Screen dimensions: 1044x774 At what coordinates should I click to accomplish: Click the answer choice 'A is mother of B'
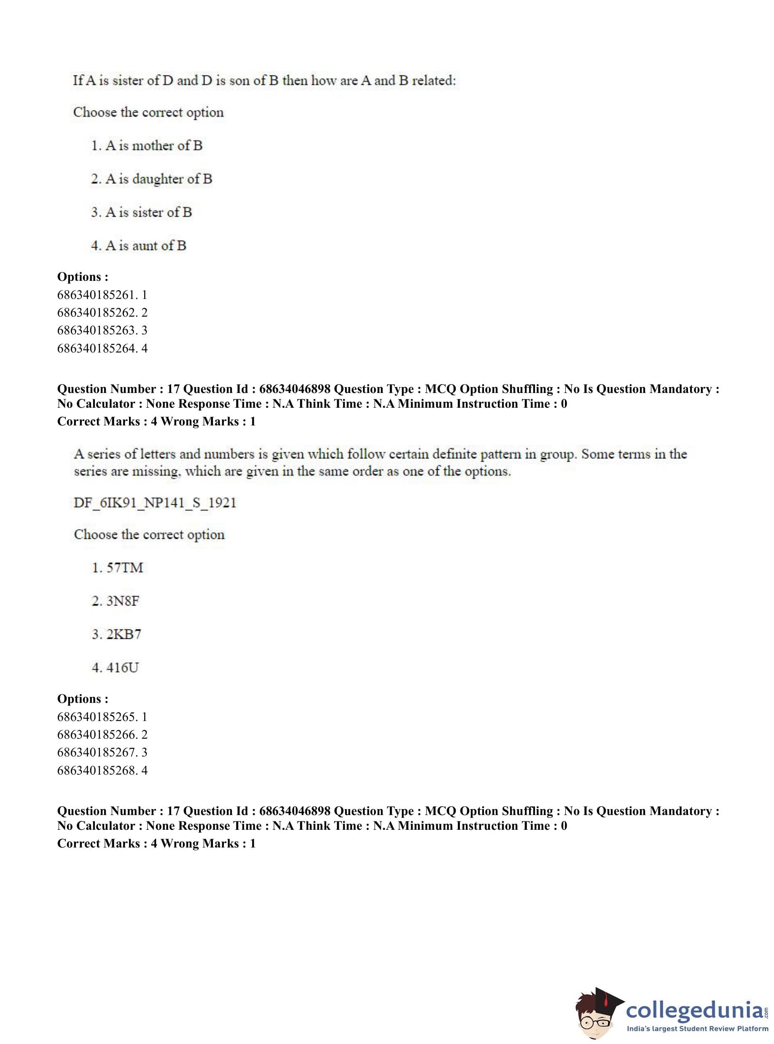[147, 146]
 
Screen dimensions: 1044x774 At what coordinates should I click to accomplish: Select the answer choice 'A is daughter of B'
[151, 179]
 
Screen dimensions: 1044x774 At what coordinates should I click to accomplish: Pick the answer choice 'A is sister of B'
[142, 212]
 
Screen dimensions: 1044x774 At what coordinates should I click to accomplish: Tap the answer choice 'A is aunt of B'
[139, 245]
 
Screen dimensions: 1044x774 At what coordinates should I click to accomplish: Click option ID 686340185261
[102, 295]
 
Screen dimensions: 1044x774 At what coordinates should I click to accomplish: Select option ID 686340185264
[102, 348]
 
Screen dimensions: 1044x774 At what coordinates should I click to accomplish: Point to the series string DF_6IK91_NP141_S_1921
[155, 503]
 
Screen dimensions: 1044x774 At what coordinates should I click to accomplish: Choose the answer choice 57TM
[118, 568]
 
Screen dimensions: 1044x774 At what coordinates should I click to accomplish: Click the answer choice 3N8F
[116, 601]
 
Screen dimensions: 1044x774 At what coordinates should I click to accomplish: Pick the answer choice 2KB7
[117, 635]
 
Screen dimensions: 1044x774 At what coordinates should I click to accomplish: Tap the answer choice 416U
[116, 668]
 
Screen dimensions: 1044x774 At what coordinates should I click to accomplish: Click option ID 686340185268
[102, 770]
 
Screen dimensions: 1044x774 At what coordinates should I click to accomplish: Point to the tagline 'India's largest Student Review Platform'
[697, 1028]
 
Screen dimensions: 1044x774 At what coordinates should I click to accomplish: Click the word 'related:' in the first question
[434, 81]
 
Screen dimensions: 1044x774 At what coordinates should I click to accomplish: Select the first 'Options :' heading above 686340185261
[83, 277]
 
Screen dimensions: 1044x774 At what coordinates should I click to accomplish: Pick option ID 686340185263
[102, 330]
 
